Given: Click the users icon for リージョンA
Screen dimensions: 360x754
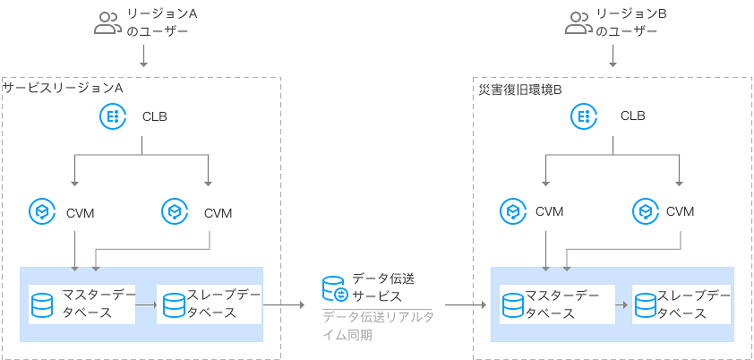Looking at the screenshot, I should (x=107, y=22).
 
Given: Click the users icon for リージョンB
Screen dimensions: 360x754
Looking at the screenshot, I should (x=578, y=22).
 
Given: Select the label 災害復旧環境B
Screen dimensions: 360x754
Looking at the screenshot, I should (x=519, y=90).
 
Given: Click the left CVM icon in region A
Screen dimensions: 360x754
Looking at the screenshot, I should (x=41, y=211).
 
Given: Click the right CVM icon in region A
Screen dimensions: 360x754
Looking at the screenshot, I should (x=174, y=211).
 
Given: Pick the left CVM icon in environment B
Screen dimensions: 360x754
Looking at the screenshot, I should (x=512, y=211).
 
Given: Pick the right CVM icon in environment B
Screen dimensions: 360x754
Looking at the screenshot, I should (x=645, y=211).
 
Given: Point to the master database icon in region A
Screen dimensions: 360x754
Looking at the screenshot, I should (x=42, y=304).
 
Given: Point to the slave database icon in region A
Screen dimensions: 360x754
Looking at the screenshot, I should (x=174, y=304).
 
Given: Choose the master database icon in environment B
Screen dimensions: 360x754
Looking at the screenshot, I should (x=513, y=304).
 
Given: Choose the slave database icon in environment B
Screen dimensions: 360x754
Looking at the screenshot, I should (x=645, y=304).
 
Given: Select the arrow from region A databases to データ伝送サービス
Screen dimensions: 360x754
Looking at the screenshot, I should (x=284, y=304).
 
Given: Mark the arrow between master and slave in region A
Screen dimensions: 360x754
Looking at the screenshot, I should (x=145, y=304).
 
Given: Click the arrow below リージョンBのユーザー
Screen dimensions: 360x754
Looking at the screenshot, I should (x=613, y=56).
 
